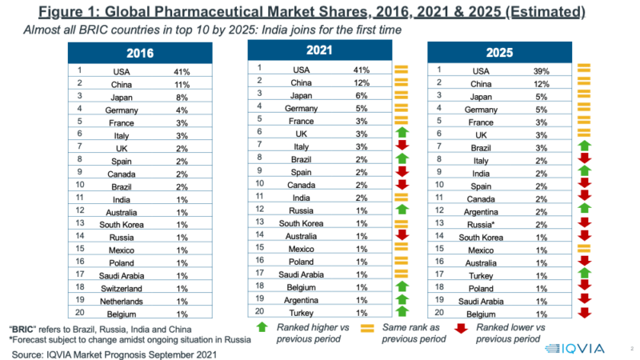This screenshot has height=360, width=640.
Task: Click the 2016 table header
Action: tap(140, 54)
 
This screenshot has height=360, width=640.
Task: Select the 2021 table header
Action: tap(319, 50)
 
